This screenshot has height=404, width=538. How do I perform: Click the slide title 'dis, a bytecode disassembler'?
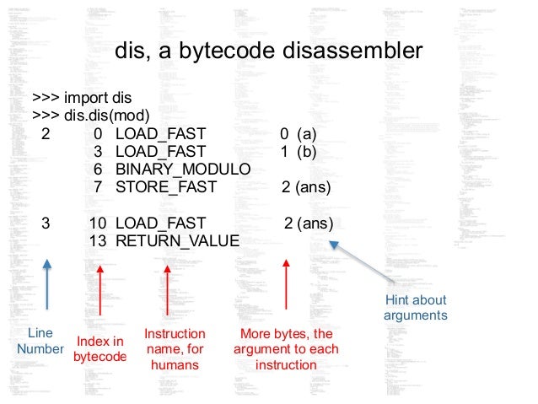pos(268,52)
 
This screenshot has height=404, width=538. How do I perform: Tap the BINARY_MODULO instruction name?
pos(183,169)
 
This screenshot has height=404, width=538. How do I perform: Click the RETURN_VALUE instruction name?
pos(177,241)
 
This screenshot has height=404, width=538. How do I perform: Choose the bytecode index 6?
pos(98,169)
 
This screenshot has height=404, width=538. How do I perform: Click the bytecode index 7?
pos(98,186)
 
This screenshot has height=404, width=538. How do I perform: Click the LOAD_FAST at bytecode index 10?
pos(160,224)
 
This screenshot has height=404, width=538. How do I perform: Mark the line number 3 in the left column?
pos(46,224)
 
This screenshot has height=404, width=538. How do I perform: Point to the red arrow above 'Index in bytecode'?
pos(100,295)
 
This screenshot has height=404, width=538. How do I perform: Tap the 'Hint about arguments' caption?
pos(415,308)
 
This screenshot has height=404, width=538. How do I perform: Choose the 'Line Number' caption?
pos(40,341)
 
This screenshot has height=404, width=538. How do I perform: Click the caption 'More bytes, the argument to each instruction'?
pos(287,348)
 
